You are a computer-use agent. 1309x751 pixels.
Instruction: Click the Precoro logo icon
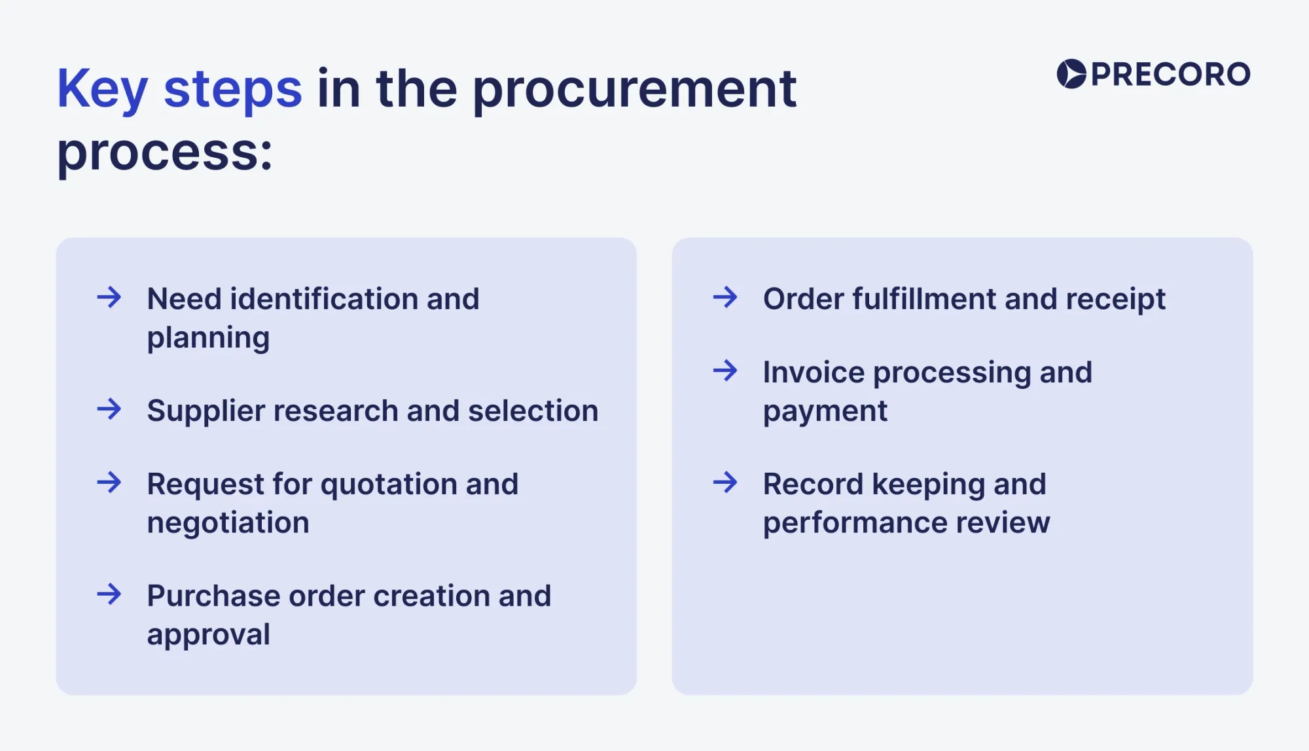(x=1071, y=74)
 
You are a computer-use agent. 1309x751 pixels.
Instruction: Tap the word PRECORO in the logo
(x=1170, y=75)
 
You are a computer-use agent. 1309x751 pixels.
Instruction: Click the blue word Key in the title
(x=101, y=90)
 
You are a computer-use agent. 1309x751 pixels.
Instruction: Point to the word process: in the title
(x=164, y=153)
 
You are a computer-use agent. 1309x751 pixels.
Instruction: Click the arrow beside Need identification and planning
(x=109, y=297)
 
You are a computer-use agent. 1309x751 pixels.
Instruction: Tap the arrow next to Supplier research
(x=109, y=410)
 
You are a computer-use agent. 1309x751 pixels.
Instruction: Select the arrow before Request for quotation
(x=109, y=483)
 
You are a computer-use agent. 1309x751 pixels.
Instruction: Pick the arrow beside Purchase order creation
(x=109, y=595)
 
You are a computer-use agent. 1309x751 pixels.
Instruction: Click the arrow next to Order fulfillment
(x=725, y=297)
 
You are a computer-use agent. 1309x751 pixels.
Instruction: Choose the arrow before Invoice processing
(x=725, y=371)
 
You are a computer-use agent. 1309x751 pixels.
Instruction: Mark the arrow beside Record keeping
(x=725, y=483)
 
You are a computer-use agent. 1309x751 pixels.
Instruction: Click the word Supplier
(x=205, y=412)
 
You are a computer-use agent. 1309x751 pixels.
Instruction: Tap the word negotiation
(x=228, y=523)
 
